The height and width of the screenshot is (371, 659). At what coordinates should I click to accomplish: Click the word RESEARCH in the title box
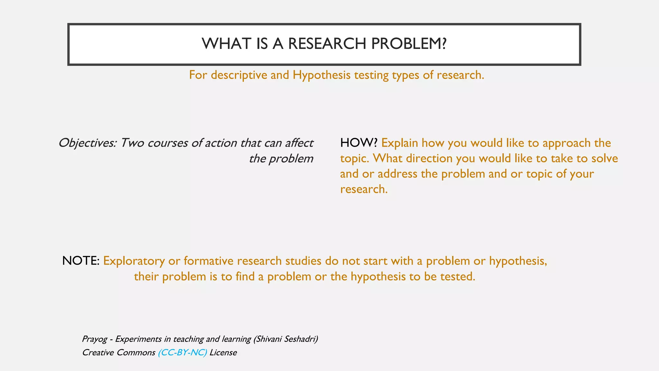pos(327,44)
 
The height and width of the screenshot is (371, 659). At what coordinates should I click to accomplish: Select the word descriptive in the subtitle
pos(239,75)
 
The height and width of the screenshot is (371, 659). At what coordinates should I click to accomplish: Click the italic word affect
pos(299,143)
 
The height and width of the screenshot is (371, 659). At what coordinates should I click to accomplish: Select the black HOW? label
pos(358,143)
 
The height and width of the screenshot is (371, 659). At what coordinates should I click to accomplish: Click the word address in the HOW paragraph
pos(397,174)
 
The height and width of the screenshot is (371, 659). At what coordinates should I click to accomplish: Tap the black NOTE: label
pos(81,261)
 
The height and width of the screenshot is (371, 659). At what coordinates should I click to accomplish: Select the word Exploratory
pos(134,261)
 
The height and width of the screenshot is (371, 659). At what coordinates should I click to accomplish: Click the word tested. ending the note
pos(458,277)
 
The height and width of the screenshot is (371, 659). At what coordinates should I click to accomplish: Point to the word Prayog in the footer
pos(94,339)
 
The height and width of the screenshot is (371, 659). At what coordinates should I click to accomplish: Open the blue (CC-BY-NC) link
pos(182,353)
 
